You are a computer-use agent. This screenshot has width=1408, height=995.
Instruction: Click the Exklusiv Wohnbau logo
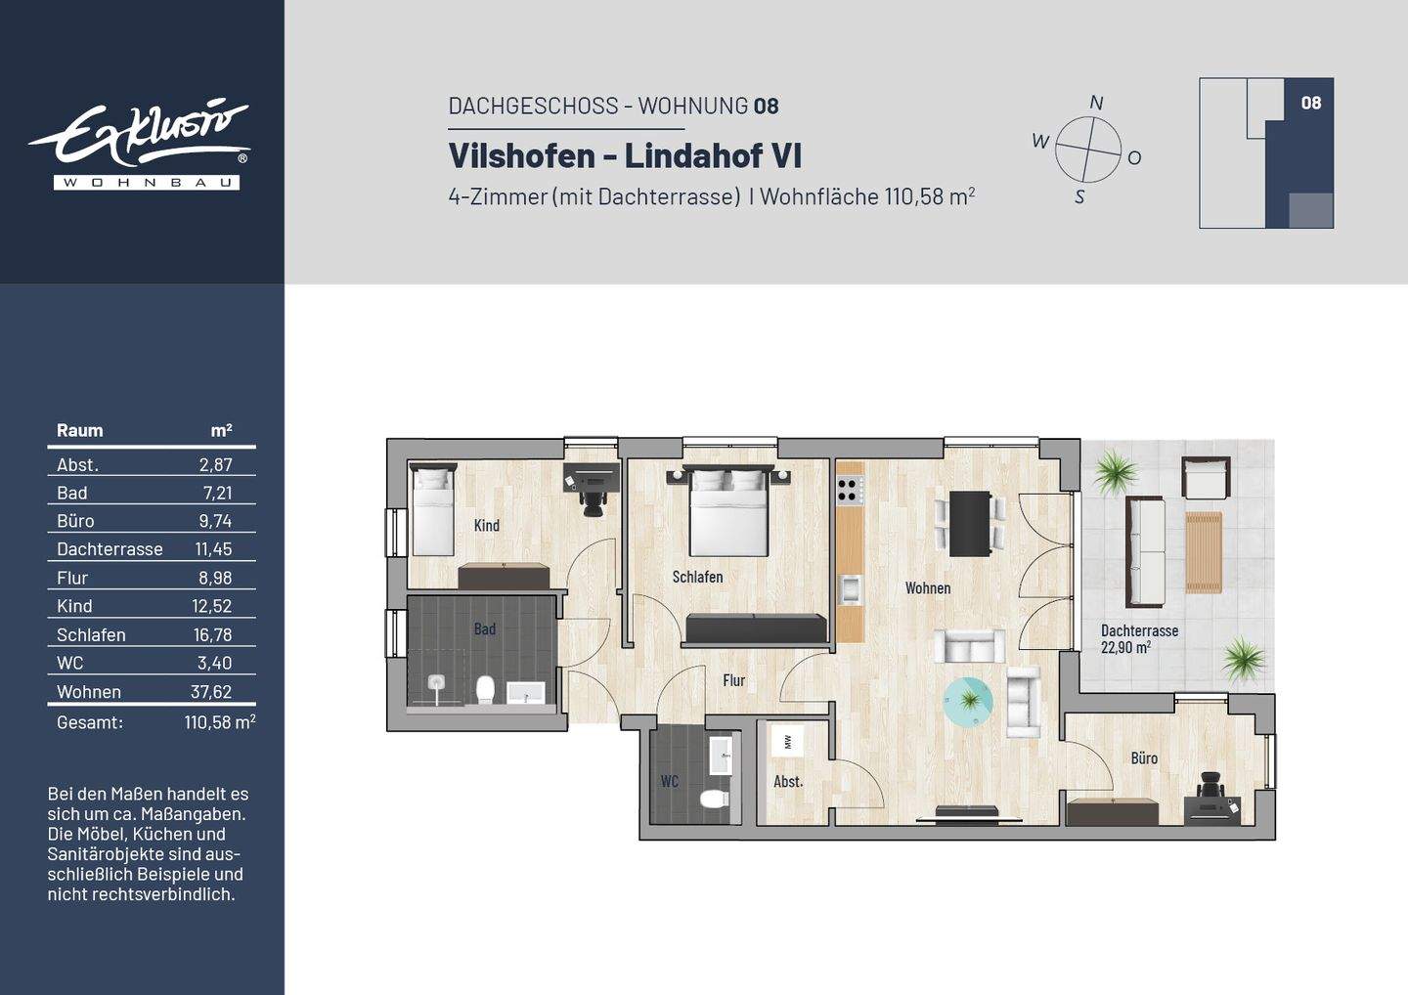coord(143,144)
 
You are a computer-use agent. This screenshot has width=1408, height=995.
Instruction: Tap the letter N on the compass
coord(1096,103)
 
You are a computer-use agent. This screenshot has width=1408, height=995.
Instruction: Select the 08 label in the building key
coord(1310,103)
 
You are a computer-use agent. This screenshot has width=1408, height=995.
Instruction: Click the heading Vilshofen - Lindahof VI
coord(625,155)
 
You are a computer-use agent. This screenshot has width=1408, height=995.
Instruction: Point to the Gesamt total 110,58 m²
coord(219,722)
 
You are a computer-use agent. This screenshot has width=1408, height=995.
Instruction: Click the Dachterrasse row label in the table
coord(110,549)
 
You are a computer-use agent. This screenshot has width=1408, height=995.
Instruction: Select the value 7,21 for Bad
coord(216,494)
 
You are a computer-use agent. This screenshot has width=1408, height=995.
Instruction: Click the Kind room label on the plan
coord(486,526)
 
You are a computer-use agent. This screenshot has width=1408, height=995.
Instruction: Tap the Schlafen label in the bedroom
coord(697,577)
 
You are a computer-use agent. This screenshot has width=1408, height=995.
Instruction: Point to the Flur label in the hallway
coord(733,680)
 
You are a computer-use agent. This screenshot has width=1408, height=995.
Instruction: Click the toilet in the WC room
coord(715,799)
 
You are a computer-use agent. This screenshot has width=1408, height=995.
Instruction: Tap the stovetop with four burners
coord(849,489)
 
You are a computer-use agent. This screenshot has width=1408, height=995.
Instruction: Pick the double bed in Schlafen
coord(728,511)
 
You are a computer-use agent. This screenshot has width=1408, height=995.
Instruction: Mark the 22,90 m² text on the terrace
coord(1125,647)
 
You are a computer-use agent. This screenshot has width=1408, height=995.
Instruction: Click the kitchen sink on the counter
coord(850,589)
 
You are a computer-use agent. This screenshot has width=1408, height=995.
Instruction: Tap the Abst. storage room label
coord(788,782)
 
